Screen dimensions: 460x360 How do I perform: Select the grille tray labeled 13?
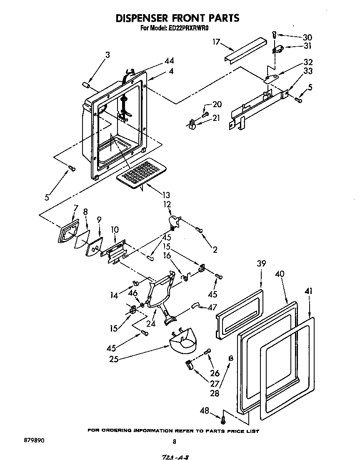click(141, 173)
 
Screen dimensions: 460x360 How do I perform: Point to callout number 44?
click(169, 61)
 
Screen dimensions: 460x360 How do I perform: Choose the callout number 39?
click(261, 264)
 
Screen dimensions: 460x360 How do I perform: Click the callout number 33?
click(307, 71)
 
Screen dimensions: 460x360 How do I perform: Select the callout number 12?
click(167, 204)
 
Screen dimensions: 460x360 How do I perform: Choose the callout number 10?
click(115, 229)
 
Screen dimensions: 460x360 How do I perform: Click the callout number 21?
click(216, 118)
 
